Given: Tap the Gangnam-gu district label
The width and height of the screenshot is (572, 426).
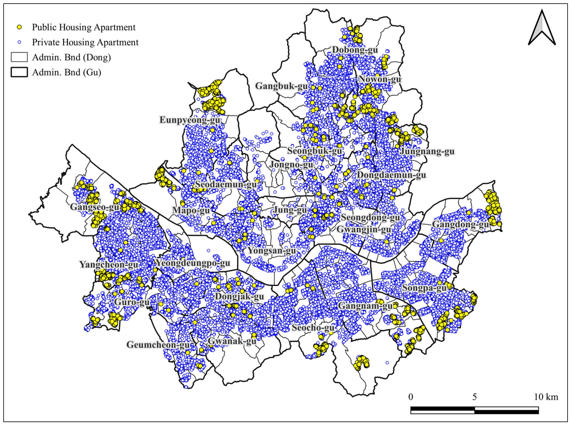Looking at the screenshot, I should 365,306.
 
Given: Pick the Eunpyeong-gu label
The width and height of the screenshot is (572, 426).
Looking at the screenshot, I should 190,120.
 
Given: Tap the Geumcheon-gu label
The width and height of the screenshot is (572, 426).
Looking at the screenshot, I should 158,345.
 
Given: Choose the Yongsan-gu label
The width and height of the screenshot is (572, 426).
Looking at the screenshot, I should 272,250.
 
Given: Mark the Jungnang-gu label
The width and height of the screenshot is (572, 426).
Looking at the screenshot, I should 427,151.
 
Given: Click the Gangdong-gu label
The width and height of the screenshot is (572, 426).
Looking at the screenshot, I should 461,224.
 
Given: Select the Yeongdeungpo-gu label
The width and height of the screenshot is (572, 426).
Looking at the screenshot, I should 193,263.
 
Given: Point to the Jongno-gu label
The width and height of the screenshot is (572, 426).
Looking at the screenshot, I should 291,165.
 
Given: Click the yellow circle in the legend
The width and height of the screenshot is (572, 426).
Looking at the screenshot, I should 19,27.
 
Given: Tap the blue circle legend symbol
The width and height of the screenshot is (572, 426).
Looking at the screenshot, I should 19,42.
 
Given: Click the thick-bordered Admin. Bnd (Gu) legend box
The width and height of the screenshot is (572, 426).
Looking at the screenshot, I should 19,72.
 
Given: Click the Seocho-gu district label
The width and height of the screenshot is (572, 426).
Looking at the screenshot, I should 313,328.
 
